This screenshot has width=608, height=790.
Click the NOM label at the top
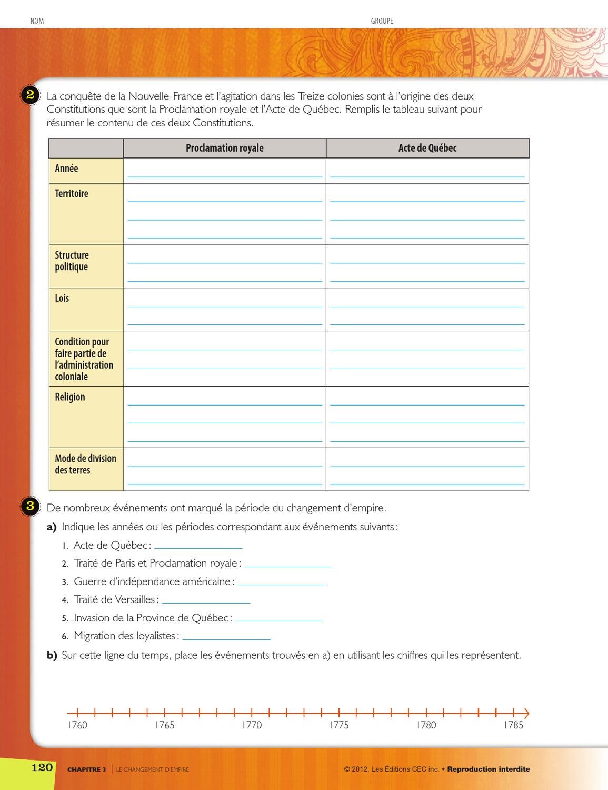(37, 21)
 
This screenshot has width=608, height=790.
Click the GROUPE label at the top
(382, 21)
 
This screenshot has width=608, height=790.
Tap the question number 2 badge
(30, 95)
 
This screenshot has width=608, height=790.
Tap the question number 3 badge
(30, 506)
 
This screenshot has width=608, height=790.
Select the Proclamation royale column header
(224, 148)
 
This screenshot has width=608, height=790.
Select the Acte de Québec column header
(427, 148)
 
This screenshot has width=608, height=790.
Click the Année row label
(66, 169)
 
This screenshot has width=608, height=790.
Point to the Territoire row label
(72, 194)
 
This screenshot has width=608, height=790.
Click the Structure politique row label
(72, 261)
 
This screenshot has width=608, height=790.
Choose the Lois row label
(62, 298)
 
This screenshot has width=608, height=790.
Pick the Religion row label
(69, 397)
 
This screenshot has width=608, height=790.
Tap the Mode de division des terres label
(85, 464)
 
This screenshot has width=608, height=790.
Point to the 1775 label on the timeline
(339, 725)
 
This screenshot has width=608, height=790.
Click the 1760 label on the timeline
(77, 725)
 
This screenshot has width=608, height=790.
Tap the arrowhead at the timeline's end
(526, 714)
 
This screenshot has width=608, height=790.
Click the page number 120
(42, 767)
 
